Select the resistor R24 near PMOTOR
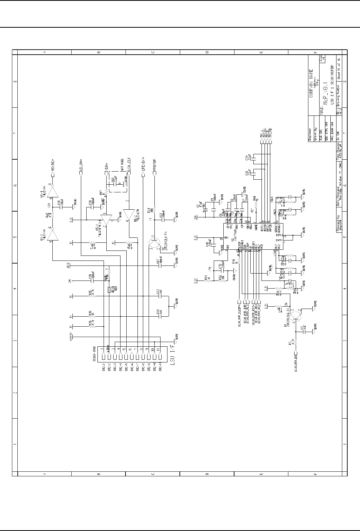pyautogui.click(x=154, y=210)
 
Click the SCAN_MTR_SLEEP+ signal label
pyautogui.click(x=239, y=314)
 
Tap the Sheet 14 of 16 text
pyautogui.click(x=339, y=69)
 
